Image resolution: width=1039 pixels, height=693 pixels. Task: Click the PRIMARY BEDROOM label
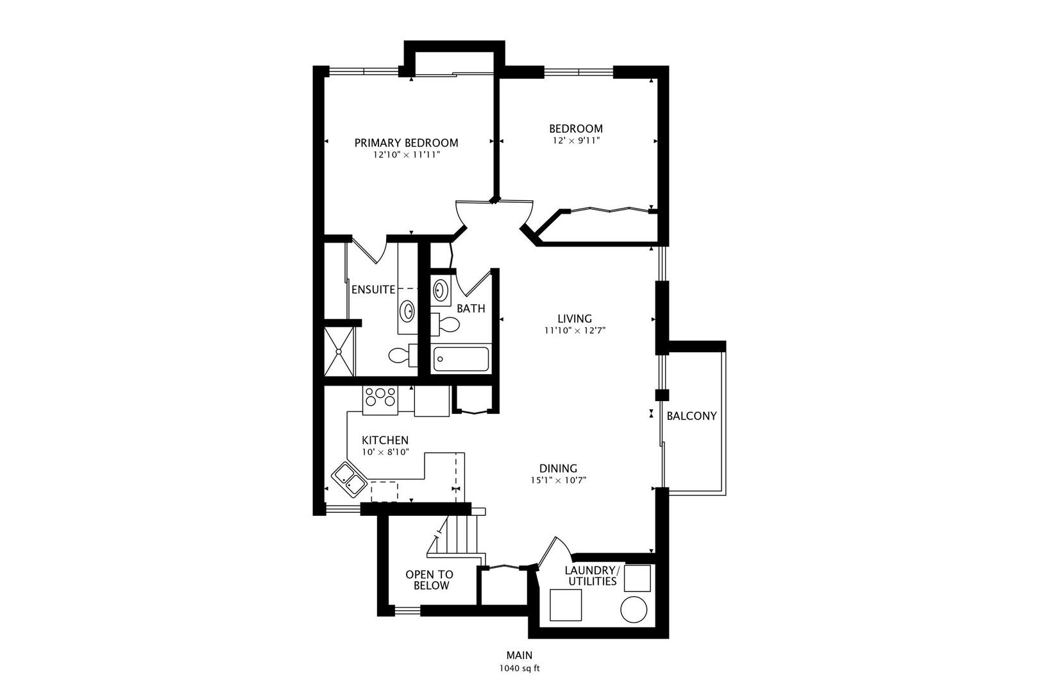pos(406,142)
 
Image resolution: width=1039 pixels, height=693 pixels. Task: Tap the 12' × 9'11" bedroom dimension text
pos(575,140)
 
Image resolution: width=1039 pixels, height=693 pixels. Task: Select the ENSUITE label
pos(373,289)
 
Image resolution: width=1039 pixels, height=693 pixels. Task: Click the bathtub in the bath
pos(461,358)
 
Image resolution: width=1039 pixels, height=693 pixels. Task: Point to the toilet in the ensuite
pos(401,355)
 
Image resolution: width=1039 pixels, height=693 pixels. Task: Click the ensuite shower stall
pos(339,352)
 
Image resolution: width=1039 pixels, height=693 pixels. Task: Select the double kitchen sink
pos(349,479)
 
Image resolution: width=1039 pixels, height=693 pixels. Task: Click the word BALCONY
pos(691,416)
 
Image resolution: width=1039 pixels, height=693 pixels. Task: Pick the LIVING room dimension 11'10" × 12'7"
pos(575,330)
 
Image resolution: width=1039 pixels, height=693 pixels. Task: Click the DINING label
pos(558,468)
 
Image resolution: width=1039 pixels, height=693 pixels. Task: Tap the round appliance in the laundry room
pos(634,609)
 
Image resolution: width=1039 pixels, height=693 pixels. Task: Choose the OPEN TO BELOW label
pos(429,580)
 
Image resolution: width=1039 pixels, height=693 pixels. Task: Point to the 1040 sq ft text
pos(519,668)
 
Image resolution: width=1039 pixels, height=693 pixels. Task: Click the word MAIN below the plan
pos(519,655)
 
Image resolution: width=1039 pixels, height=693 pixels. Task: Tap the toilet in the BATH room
pos(446,325)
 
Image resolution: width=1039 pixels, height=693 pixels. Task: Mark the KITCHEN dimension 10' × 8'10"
pos(385,452)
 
